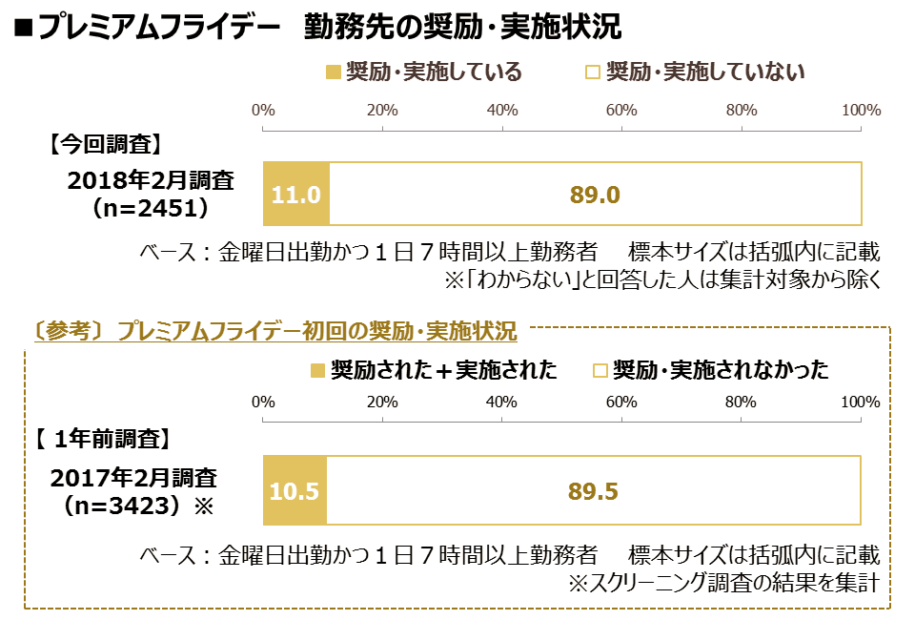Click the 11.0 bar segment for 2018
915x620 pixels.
(296, 194)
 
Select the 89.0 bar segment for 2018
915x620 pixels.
(596, 194)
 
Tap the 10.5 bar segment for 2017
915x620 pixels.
(295, 490)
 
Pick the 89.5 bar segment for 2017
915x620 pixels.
(594, 490)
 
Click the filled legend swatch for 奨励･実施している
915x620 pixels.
(334, 72)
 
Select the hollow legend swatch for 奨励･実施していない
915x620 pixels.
(592, 72)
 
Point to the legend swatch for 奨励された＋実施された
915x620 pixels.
(317, 371)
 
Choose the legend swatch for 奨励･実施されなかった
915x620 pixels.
(600, 371)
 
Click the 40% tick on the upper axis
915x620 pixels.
(502, 128)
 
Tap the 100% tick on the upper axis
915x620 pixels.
(862, 128)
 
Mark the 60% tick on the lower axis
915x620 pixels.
(621, 419)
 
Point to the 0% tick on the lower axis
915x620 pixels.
(263, 419)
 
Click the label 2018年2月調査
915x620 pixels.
(151, 180)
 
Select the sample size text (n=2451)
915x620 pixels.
(151, 208)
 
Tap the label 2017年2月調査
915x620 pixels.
(133, 478)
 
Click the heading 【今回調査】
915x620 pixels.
(105, 144)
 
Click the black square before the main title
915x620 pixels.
(23, 28)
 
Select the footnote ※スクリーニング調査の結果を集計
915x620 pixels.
(723, 583)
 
